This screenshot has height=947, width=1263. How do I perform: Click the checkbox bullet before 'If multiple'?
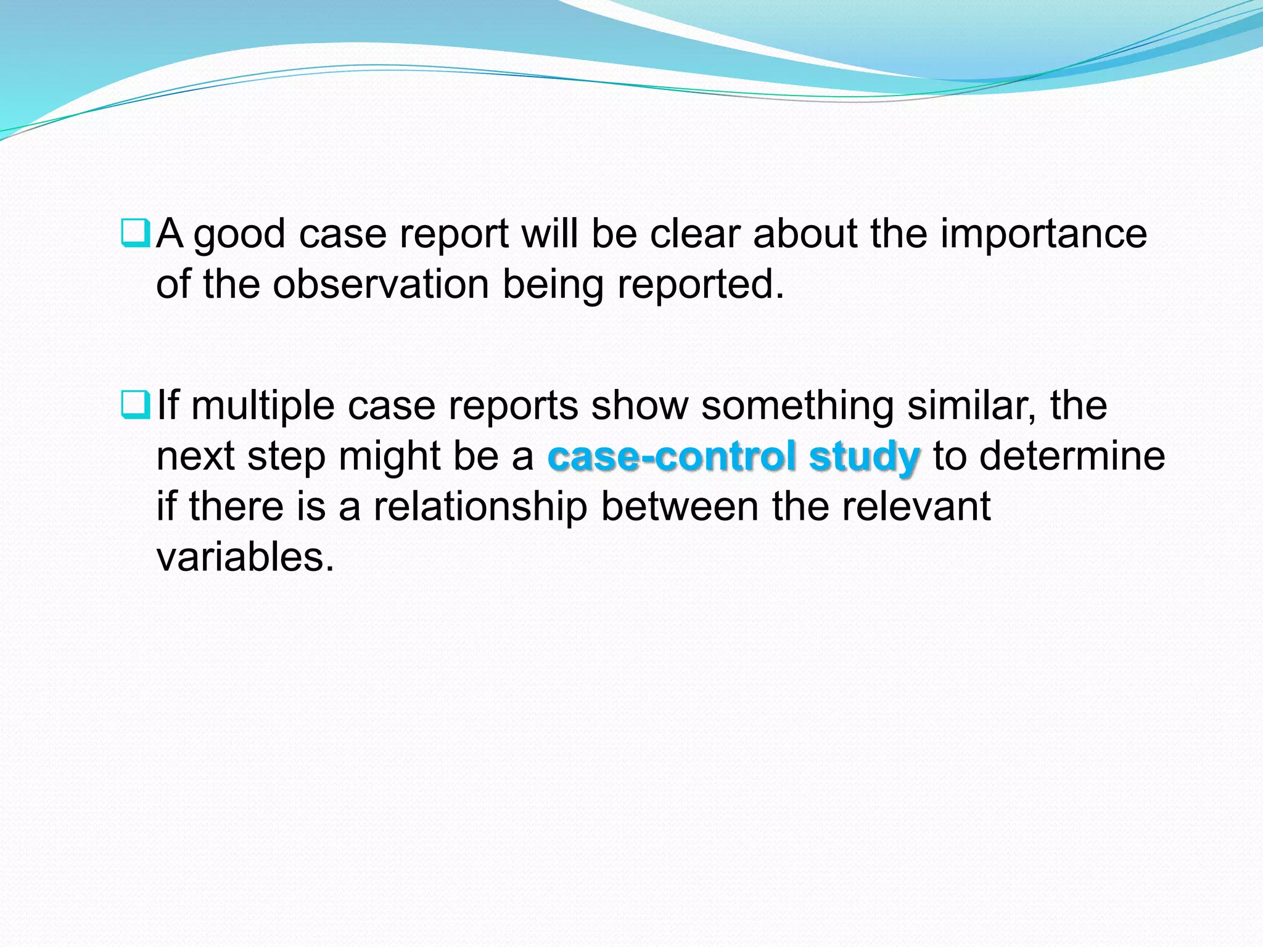pyautogui.click(x=135, y=406)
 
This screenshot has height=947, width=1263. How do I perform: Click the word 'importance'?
pyautogui.click(x=1043, y=234)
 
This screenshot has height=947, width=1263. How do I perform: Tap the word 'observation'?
pyautogui.click(x=381, y=284)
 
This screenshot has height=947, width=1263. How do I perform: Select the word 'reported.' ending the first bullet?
pyautogui.click(x=701, y=285)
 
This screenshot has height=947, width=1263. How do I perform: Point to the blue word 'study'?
pyautogui.click(x=864, y=457)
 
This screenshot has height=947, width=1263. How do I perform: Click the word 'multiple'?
pyautogui.click(x=263, y=407)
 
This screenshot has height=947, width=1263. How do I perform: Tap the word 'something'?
pyautogui.click(x=797, y=407)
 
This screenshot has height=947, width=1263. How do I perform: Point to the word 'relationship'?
pyautogui.click(x=480, y=507)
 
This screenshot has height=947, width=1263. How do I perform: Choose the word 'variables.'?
pyautogui.click(x=245, y=557)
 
